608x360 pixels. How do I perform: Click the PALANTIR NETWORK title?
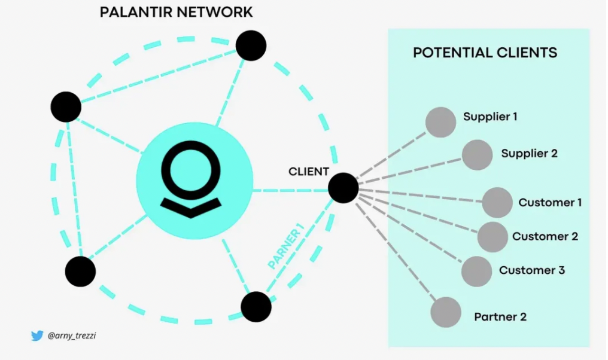pyautogui.click(x=176, y=12)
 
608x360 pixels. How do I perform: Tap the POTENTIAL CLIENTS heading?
pyautogui.click(x=485, y=53)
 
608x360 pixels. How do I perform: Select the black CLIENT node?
pyautogui.click(x=343, y=188)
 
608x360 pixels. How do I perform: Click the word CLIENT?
pyautogui.click(x=309, y=172)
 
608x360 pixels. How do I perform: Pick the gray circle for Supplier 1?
pyautogui.click(x=441, y=122)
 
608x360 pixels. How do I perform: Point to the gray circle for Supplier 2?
pyautogui.click(x=477, y=155)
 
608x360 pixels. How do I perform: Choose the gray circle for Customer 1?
pyautogui.click(x=497, y=203)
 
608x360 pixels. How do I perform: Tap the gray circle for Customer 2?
pyautogui.click(x=493, y=237)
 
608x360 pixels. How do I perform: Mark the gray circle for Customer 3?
pyautogui.click(x=477, y=271)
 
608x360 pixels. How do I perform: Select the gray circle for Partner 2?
pyautogui.click(x=446, y=312)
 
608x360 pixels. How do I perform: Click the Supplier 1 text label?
pyautogui.click(x=490, y=117)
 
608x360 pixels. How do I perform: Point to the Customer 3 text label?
pyautogui.click(x=532, y=270)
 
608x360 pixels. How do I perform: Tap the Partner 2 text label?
pyautogui.click(x=500, y=317)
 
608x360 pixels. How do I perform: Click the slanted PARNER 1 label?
pyautogui.click(x=286, y=246)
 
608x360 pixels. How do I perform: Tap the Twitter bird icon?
pyautogui.click(x=37, y=336)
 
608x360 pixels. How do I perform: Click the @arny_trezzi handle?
pyautogui.click(x=72, y=336)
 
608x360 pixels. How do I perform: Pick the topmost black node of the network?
pyautogui.click(x=251, y=45)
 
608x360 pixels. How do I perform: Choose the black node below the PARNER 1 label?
pyautogui.click(x=256, y=307)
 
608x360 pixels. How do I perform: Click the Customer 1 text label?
pyautogui.click(x=550, y=203)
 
